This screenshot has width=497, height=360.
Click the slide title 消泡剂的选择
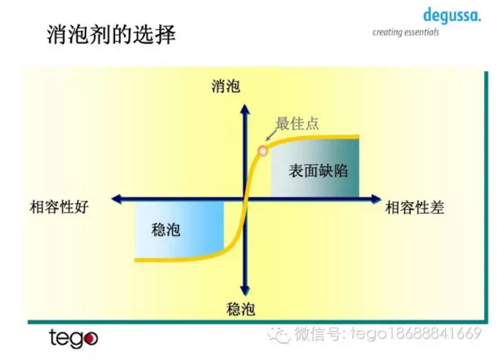point(111,34)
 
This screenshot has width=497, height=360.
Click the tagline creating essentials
point(405,32)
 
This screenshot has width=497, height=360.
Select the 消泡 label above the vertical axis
point(226,86)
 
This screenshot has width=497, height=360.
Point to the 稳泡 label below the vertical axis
point(241,310)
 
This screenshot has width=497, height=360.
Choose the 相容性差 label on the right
point(415,208)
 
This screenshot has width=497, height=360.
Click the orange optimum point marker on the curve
point(263,151)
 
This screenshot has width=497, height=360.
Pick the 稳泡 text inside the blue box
point(166,230)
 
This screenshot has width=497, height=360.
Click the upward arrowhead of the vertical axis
point(245,109)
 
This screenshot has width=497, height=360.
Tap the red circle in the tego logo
point(90,339)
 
